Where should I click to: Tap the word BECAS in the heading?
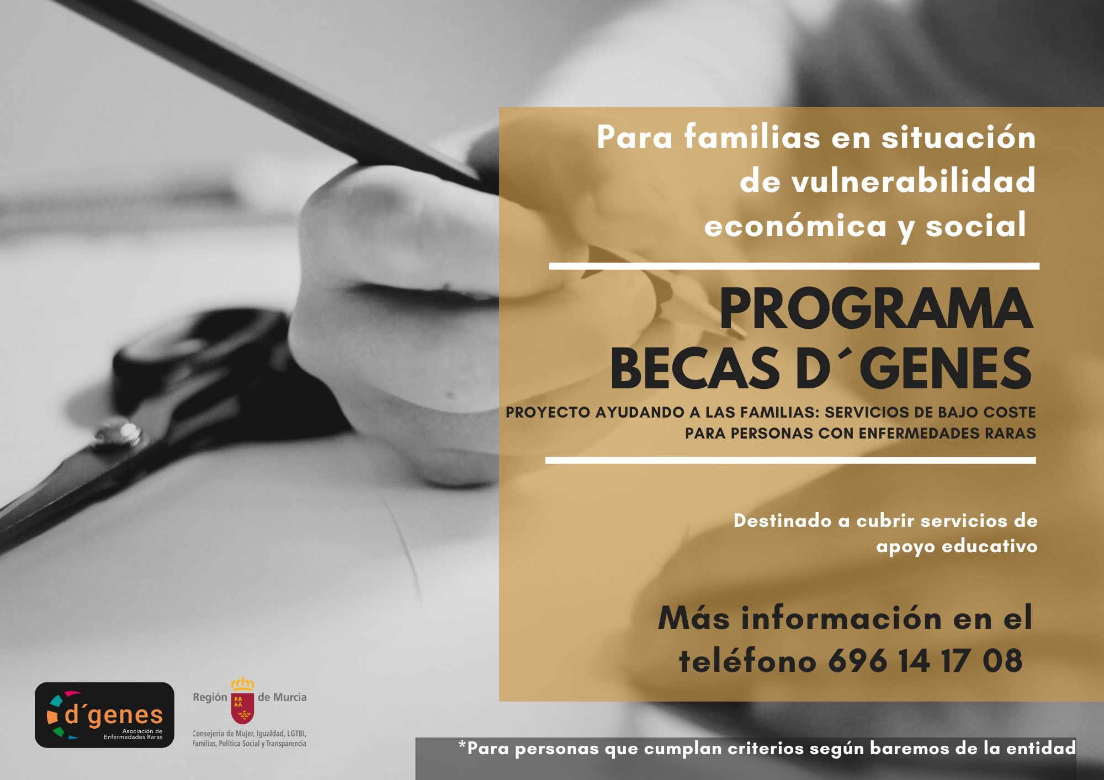(695, 368)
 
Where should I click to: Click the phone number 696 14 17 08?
(926, 661)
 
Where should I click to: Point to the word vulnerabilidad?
(888, 180)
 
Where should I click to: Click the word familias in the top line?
(752, 136)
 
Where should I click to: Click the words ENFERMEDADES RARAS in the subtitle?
(947, 434)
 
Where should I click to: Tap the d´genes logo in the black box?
(104, 715)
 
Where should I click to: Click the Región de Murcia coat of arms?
(242, 699)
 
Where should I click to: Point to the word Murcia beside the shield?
(289, 697)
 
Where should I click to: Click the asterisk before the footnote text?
(462, 745)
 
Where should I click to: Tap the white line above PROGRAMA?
(794, 266)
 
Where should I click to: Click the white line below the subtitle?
(790, 460)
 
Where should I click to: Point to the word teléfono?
(747, 661)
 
